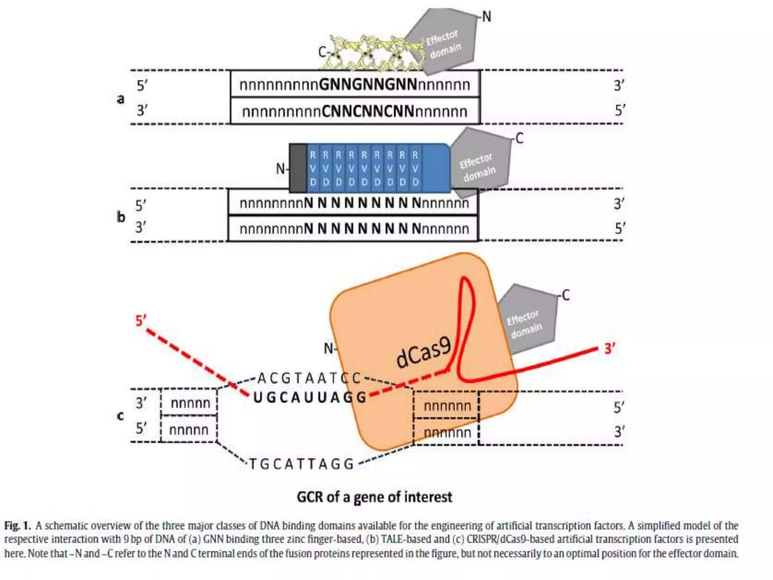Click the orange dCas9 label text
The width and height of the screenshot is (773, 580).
coord(423,353)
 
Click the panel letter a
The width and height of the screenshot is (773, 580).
coord(120,99)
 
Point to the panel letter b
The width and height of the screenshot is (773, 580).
coord(120,217)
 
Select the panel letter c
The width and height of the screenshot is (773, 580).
coord(120,416)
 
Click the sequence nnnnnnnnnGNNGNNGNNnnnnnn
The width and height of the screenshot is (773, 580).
coord(354,85)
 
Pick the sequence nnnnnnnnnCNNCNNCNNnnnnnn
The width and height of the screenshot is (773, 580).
coord(354,112)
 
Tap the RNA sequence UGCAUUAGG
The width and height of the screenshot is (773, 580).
coord(310,398)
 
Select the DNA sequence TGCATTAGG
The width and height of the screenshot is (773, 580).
coord(301,464)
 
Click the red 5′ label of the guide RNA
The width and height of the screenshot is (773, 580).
coord(141,321)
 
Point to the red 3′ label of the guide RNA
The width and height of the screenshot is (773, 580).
coord(610,348)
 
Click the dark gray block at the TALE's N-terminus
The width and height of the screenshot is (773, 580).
coord(298,168)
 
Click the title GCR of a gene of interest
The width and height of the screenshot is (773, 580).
coord(374,497)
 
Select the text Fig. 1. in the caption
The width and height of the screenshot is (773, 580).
coord(17,526)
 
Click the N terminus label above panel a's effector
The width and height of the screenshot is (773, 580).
coord(487,17)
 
